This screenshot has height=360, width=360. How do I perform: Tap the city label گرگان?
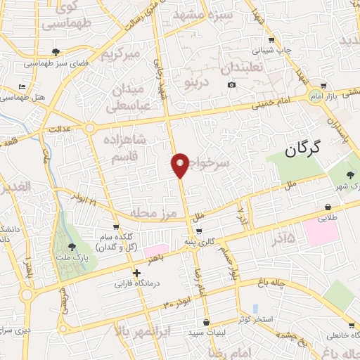click(x=304, y=148)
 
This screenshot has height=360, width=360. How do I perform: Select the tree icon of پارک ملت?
click(x=72, y=247)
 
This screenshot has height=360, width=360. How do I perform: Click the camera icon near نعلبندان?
click(x=231, y=86)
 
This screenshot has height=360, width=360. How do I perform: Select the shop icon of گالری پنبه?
click(x=199, y=231)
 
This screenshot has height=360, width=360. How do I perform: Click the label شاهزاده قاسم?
click(x=129, y=149)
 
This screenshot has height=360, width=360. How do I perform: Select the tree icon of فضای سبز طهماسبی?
click(x=56, y=51)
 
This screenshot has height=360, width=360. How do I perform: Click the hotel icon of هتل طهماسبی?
click(x=22, y=86)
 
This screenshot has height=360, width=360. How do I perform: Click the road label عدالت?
click(x=59, y=131)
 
